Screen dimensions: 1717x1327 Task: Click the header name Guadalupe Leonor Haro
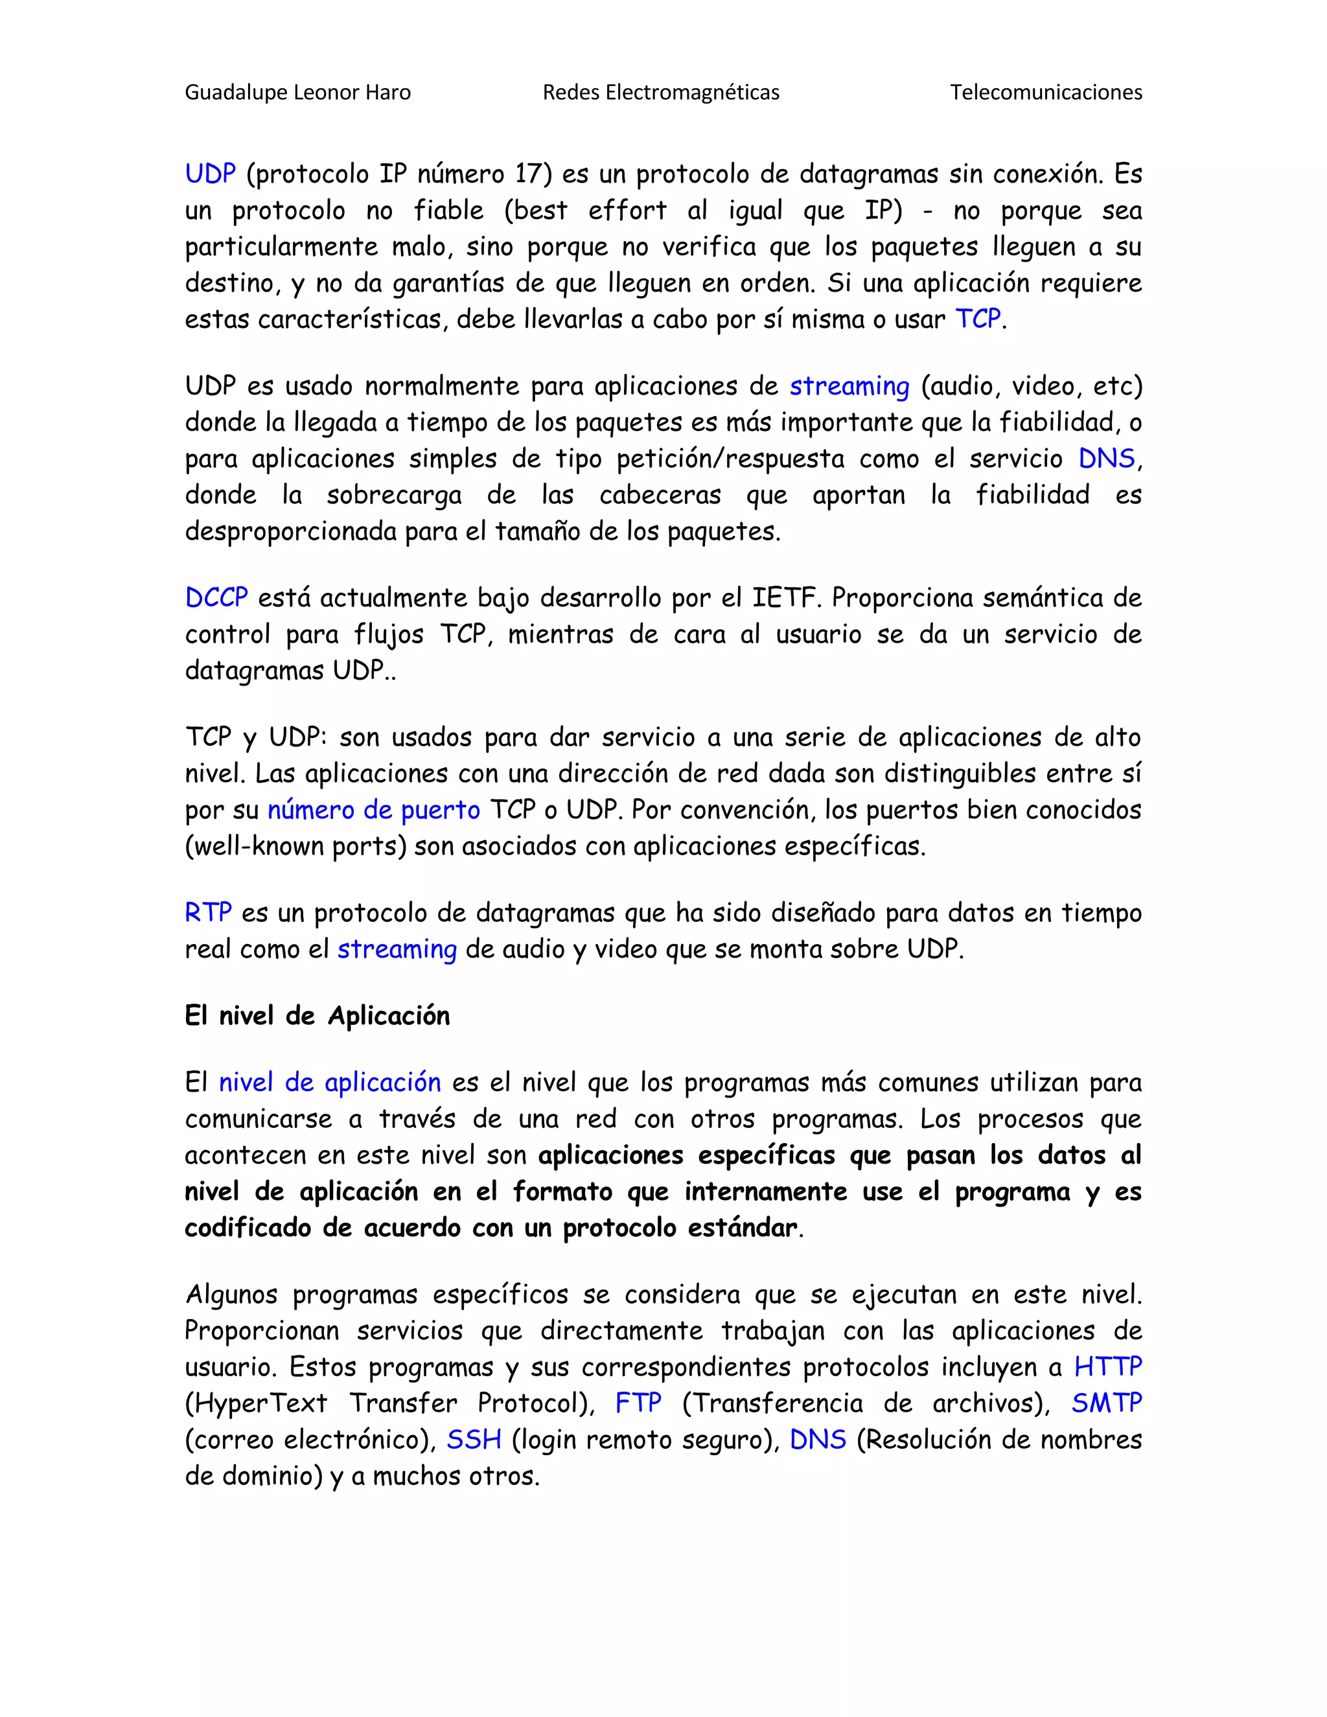click(297, 93)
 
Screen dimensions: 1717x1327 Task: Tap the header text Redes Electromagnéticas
click(660, 93)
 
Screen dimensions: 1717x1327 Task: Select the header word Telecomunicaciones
click(1046, 93)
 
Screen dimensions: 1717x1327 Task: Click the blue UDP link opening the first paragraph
click(210, 174)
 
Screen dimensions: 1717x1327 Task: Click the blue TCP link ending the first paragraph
click(978, 319)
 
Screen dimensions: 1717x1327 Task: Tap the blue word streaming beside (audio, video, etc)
click(849, 387)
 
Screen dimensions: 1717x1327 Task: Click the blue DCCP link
click(216, 598)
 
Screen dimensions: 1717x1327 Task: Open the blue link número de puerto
click(373, 811)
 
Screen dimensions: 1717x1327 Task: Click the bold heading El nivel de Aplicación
click(317, 1017)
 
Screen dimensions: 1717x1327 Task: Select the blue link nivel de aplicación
click(329, 1083)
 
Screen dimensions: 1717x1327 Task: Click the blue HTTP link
click(1107, 1367)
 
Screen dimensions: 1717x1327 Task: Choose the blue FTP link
click(638, 1403)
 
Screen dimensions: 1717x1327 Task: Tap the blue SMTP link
click(1106, 1403)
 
